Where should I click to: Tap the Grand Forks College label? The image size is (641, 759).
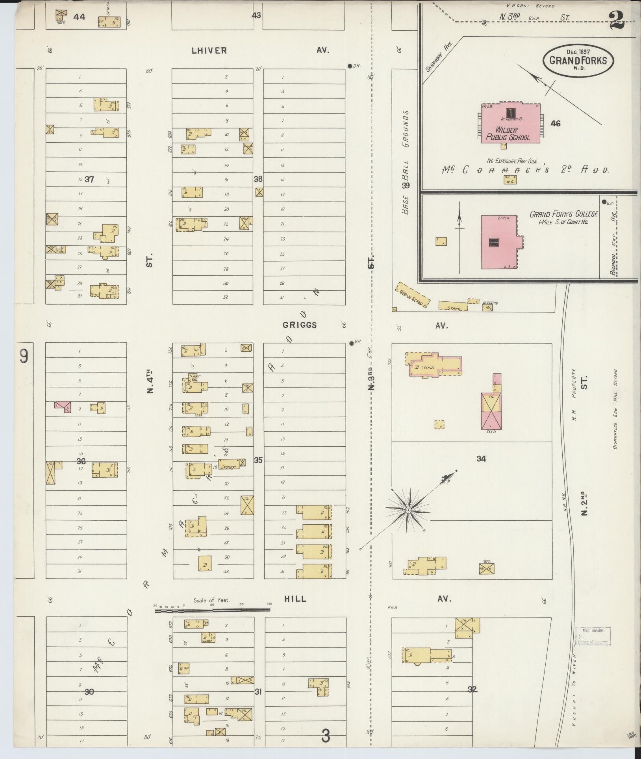(x=563, y=214)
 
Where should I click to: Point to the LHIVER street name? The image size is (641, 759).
(x=209, y=50)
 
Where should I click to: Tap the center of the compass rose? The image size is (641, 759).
(x=408, y=510)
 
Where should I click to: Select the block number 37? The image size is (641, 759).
(x=89, y=180)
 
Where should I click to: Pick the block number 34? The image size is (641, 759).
(x=481, y=458)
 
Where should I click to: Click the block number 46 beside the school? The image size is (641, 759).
(x=555, y=123)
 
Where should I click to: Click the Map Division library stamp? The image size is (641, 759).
(x=593, y=636)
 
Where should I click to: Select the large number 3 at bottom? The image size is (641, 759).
(x=325, y=736)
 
